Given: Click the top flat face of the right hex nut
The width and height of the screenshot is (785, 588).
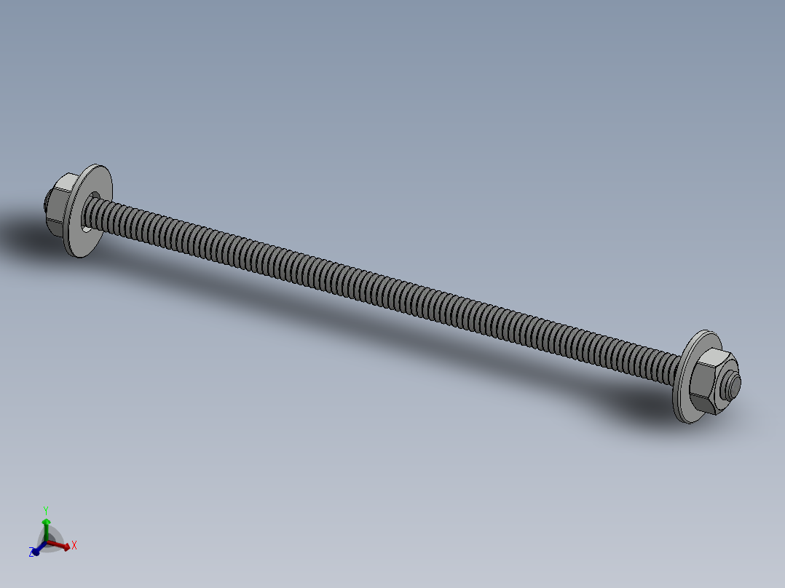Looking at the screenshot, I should click(714, 359).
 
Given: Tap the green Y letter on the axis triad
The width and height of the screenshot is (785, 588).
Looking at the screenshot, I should click(45, 509).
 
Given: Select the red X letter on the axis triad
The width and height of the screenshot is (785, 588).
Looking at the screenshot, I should click(74, 544).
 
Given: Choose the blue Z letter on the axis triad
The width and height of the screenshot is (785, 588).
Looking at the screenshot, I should click(32, 553).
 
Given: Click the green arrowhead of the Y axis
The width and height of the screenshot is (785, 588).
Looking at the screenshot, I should click(46, 522).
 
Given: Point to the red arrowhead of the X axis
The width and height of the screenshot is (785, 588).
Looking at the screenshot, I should click(66, 546).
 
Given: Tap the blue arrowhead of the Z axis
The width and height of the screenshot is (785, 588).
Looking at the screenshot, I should click(36, 549).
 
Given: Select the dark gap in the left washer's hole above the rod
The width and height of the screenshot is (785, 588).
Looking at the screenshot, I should click(95, 195).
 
